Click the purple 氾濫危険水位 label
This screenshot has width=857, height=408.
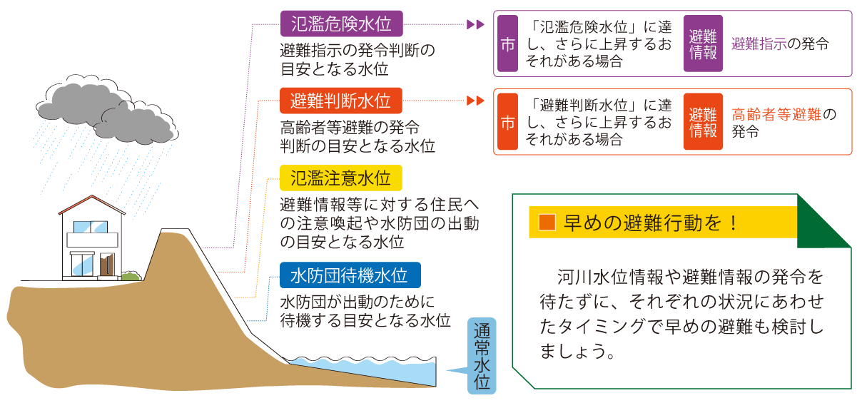coord(340,24)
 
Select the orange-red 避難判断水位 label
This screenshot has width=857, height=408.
coord(340,101)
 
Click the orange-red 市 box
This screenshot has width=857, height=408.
coord(507,121)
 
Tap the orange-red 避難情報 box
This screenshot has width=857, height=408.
coord(702,121)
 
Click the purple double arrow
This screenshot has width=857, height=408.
coord(475,24)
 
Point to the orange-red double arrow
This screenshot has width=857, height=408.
coord(475,101)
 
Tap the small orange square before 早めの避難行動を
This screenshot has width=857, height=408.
coord(547,223)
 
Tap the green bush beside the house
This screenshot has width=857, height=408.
coord(130,275)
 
